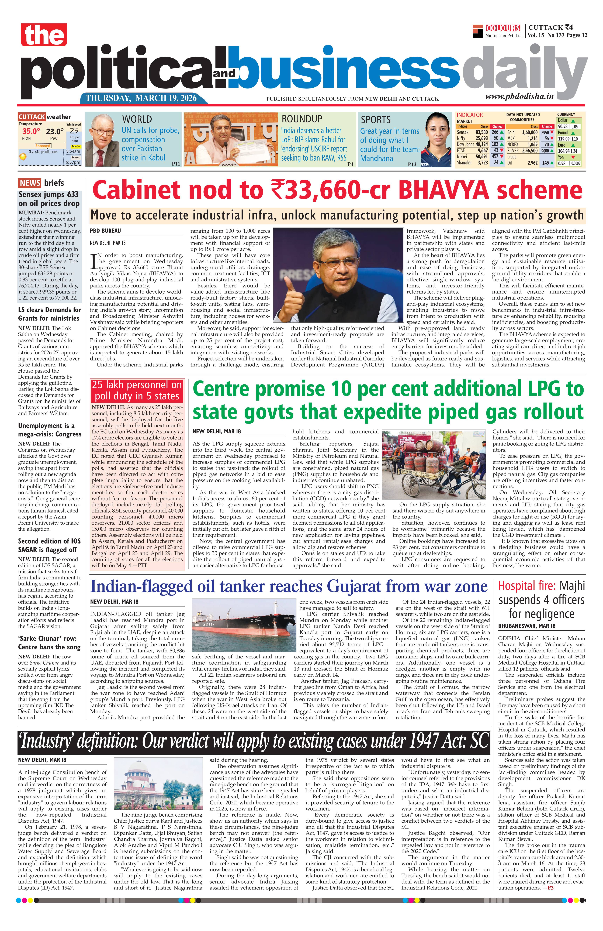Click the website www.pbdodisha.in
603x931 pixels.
pyautogui.click(x=520, y=97)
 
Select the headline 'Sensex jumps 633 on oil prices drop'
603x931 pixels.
pyautogui.click(x=49, y=199)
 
